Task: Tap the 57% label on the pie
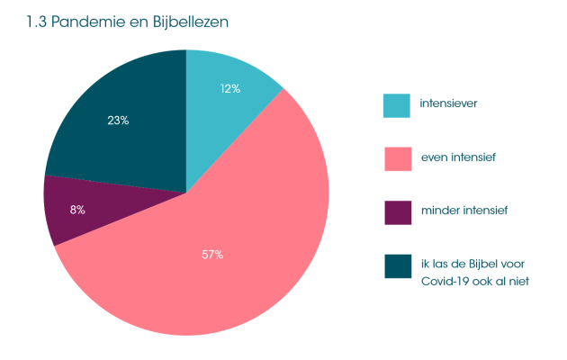[x=212, y=255]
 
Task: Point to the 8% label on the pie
[x=77, y=210]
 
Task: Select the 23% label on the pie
[x=118, y=121]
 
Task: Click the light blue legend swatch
[x=397, y=105]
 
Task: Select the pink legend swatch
[x=397, y=158]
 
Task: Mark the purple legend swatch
[x=397, y=212]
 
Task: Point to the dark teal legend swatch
[x=397, y=266]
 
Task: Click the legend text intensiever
[x=448, y=103]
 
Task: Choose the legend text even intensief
[x=458, y=157]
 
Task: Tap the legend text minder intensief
[x=464, y=211]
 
